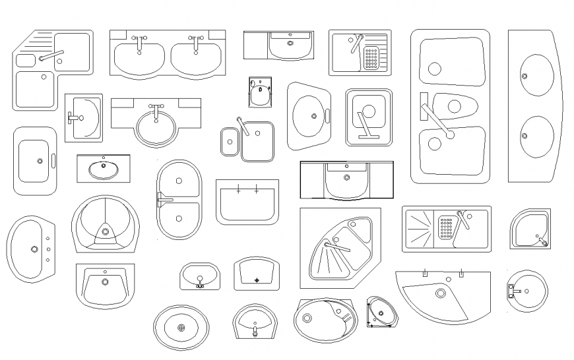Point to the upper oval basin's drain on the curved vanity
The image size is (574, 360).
point(525,77)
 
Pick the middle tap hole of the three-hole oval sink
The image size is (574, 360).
point(48,249)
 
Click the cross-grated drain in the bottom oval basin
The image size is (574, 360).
point(181,328)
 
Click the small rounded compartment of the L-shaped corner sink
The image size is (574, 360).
point(25,61)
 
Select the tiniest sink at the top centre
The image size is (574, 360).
point(260,92)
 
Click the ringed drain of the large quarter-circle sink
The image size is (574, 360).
point(440,293)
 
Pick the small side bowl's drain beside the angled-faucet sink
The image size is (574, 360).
point(229,140)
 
